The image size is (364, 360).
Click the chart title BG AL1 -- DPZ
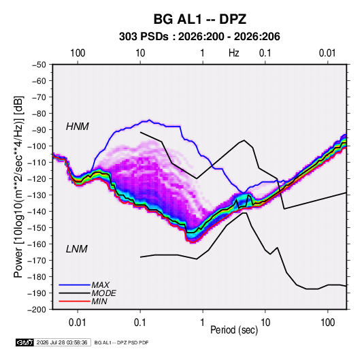(199, 19)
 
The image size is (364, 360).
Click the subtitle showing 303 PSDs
(199, 37)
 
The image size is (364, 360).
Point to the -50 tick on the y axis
(39, 65)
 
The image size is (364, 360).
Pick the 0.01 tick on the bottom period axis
(78, 323)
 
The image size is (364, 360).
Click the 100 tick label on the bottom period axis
(327, 323)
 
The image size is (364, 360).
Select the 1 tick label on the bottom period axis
(203, 323)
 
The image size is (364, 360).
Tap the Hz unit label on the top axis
(234, 53)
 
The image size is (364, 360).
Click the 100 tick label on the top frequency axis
(78, 53)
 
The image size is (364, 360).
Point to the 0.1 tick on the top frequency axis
(265, 53)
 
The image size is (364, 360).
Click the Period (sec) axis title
(234, 330)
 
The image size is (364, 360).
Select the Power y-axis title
(18, 187)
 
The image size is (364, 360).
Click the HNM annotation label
(78, 127)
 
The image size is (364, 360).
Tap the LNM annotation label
(77, 249)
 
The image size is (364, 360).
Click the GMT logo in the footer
(25, 342)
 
